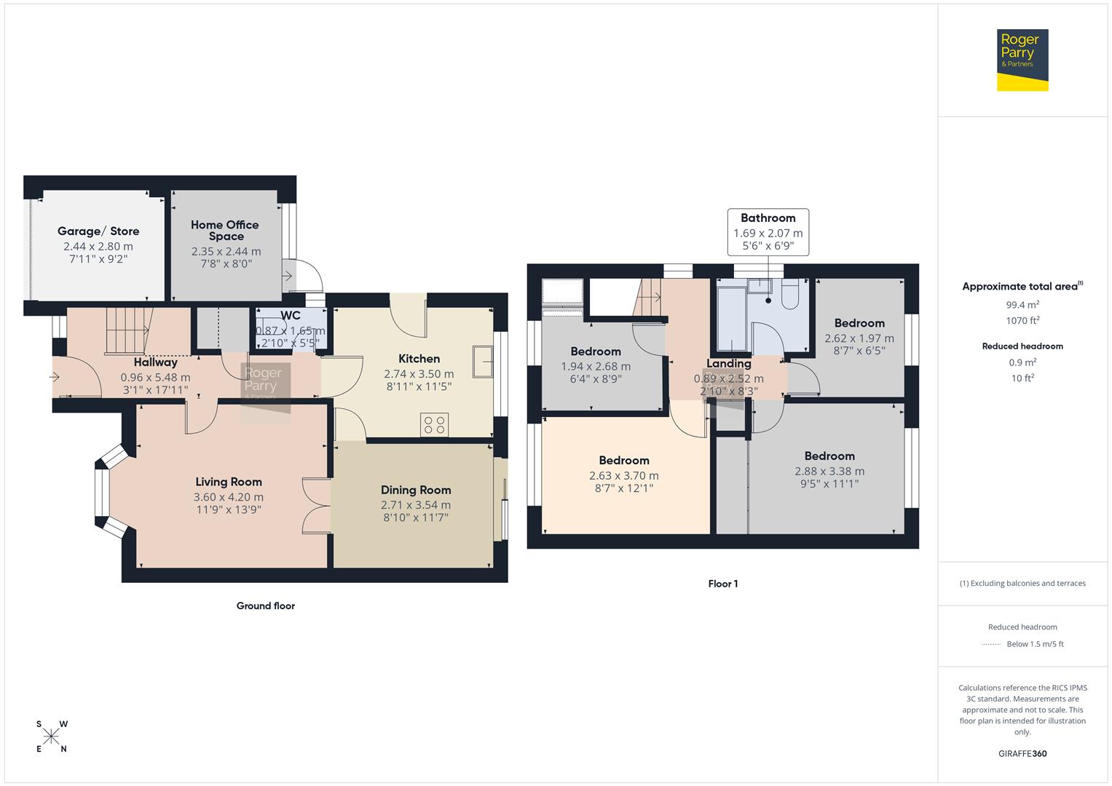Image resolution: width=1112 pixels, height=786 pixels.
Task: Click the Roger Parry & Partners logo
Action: pyautogui.click(x=1022, y=60)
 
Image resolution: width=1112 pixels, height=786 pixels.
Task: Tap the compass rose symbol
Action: pyautogui.click(x=51, y=737)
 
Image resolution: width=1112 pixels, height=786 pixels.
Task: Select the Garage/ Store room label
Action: pyautogui.click(x=98, y=231)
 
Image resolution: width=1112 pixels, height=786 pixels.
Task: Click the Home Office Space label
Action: pyautogui.click(x=225, y=230)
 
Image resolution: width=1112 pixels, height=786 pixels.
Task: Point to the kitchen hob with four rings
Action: pyautogui.click(x=435, y=425)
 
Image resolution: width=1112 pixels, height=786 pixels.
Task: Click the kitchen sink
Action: pyautogui.click(x=483, y=361)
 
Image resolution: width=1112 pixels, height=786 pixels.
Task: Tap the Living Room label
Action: pyautogui.click(x=228, y=482)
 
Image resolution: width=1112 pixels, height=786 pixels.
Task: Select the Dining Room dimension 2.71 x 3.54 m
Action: pyautogui.click(x=415, y=504)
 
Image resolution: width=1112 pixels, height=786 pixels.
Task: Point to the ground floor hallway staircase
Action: pyautogui.click(x=128, y=330)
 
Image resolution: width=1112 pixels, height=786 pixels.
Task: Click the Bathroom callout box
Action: pyautogui.click(x=768, y=232)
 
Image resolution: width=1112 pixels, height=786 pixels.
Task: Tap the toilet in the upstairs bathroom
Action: pyautogui.click(x=790, y=294)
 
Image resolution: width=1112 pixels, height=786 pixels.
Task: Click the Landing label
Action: pyautogui.click(x=728, y=363)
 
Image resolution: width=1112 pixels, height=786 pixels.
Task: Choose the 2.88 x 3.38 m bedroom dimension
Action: pyautogui.click(x=829, y=471)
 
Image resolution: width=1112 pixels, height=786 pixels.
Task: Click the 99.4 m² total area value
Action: pyautogui.click(x=1022, y=305)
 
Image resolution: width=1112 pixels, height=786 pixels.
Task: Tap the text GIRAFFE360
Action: pyautogui.click(x=1022, y=753)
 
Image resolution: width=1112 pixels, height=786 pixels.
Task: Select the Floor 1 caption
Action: pyautogui.click(x=722, y=584)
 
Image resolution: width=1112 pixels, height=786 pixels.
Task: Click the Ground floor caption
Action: pyautogui.click(x=265, y=606)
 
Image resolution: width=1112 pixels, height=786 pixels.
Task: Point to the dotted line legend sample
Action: pyautogui.click(x=991, y=644)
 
